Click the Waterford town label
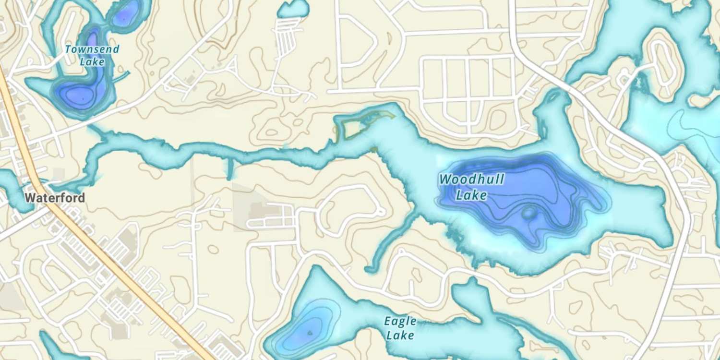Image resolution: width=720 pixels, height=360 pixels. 55,198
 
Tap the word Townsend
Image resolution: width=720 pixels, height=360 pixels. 92,49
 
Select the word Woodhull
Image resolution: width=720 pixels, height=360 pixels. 471,180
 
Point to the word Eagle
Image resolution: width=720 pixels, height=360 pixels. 400,322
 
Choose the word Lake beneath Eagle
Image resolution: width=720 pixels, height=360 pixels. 400,335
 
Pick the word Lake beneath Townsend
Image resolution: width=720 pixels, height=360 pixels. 92,62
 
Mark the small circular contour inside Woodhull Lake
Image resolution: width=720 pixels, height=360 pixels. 529,213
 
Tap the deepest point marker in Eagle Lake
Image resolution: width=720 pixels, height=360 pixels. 310,332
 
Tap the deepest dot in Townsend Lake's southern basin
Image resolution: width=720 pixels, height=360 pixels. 83,98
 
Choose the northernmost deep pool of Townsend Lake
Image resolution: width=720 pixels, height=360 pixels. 124,18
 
